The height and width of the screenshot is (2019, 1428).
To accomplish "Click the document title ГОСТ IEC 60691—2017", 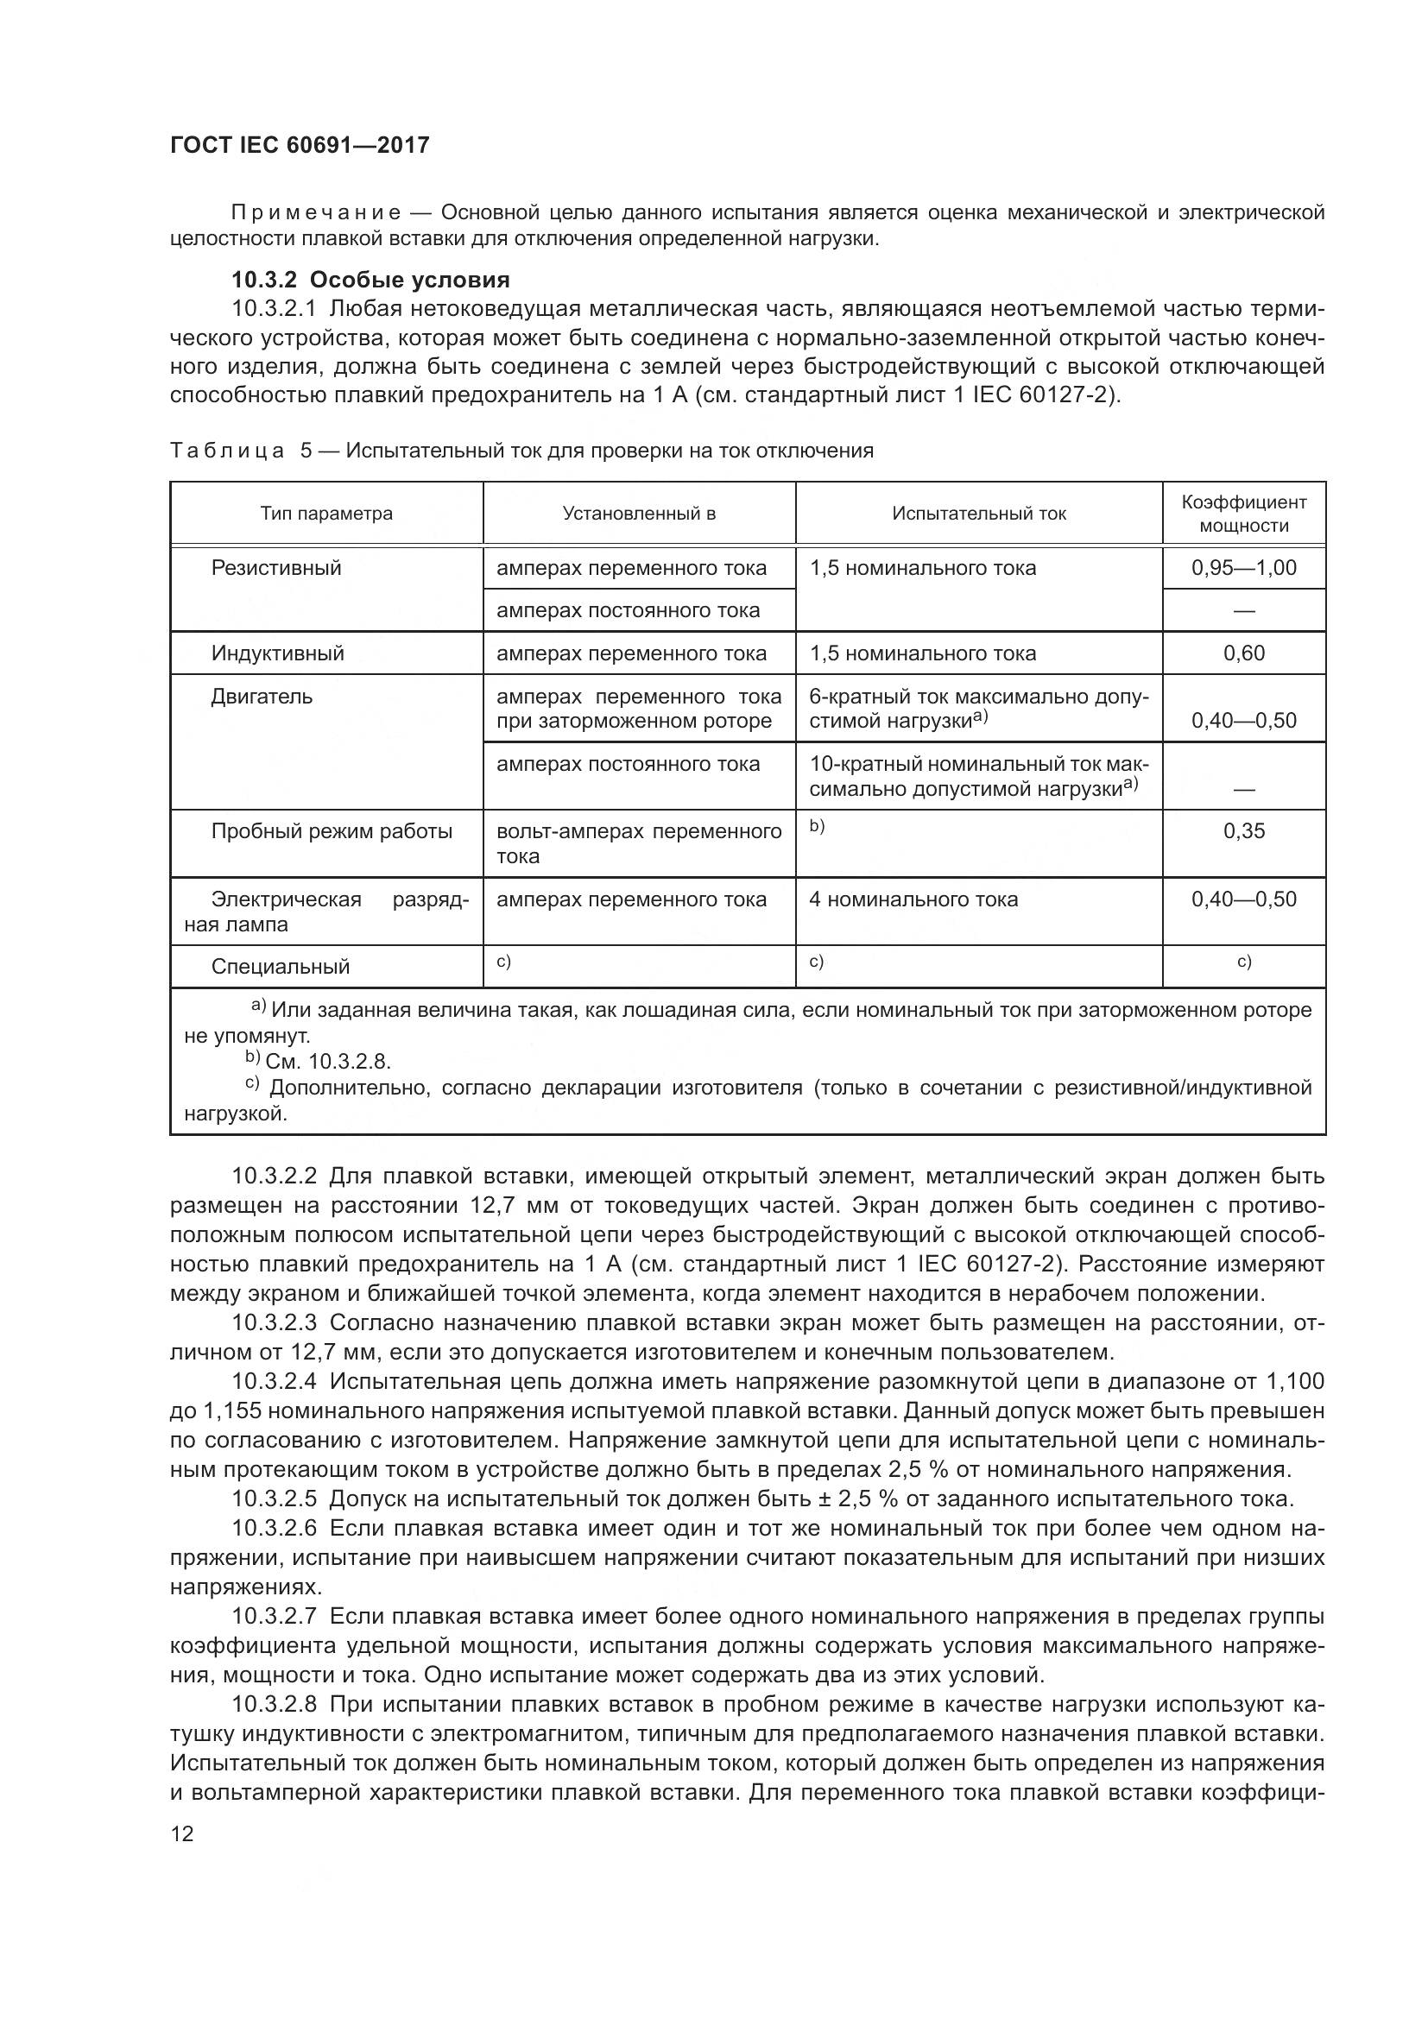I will pos(299,145).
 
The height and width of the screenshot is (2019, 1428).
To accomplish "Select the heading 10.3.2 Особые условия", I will pos(370,280).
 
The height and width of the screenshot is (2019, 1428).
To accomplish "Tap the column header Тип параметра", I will pos(326,514).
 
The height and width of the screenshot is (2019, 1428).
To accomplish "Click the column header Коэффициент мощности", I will pos(1243,514).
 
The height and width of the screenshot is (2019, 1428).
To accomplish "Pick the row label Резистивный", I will pos(276,568).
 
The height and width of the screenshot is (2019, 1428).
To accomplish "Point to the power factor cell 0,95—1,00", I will pos(1243,568).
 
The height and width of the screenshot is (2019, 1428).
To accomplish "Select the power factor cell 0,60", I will pos(1243,653).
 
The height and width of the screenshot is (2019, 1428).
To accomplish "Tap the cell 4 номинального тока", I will pos(913,899).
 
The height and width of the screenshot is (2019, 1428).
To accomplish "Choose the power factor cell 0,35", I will pos(1243,831).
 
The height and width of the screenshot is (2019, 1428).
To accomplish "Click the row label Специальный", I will pos(280,967).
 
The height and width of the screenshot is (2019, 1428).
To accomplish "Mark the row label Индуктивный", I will pos(277,653).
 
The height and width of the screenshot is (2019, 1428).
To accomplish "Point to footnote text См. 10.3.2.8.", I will pos(327,1062).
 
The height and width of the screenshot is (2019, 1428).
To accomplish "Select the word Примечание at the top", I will pos(316,213).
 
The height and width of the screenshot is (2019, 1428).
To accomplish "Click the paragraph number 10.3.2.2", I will pos(274,1176).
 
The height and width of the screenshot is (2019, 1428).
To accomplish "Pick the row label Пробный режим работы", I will pos(332,832).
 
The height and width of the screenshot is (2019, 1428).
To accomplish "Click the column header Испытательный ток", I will pos(978,514).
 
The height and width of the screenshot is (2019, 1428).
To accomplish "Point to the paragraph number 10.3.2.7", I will pos(274,1616).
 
